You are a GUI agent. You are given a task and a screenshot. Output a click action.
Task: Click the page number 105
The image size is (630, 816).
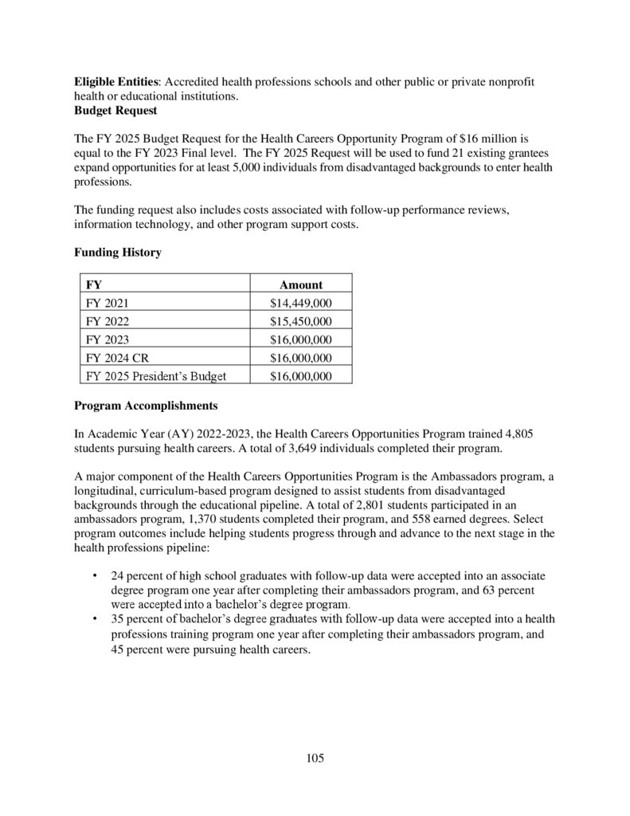315,758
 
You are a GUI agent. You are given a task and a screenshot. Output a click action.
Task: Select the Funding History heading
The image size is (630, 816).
118,252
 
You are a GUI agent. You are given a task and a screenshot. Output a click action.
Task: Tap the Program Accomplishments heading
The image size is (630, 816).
145,405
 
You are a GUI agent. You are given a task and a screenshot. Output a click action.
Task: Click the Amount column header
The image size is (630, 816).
301,284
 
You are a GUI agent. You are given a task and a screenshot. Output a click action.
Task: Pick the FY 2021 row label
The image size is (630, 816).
106,303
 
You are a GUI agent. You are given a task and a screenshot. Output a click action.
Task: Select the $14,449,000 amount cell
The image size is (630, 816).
301,303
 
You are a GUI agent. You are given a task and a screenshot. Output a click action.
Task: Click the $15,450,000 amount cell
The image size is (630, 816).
301,321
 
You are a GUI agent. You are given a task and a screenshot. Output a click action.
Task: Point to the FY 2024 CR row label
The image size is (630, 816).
116,358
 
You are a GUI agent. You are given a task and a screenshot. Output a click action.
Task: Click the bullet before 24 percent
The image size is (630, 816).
96,575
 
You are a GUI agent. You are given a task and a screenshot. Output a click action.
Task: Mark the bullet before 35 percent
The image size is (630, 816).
96,618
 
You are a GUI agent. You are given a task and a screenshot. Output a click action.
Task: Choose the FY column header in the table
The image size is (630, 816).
93,284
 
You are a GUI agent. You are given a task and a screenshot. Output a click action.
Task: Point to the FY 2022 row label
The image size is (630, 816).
106,321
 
